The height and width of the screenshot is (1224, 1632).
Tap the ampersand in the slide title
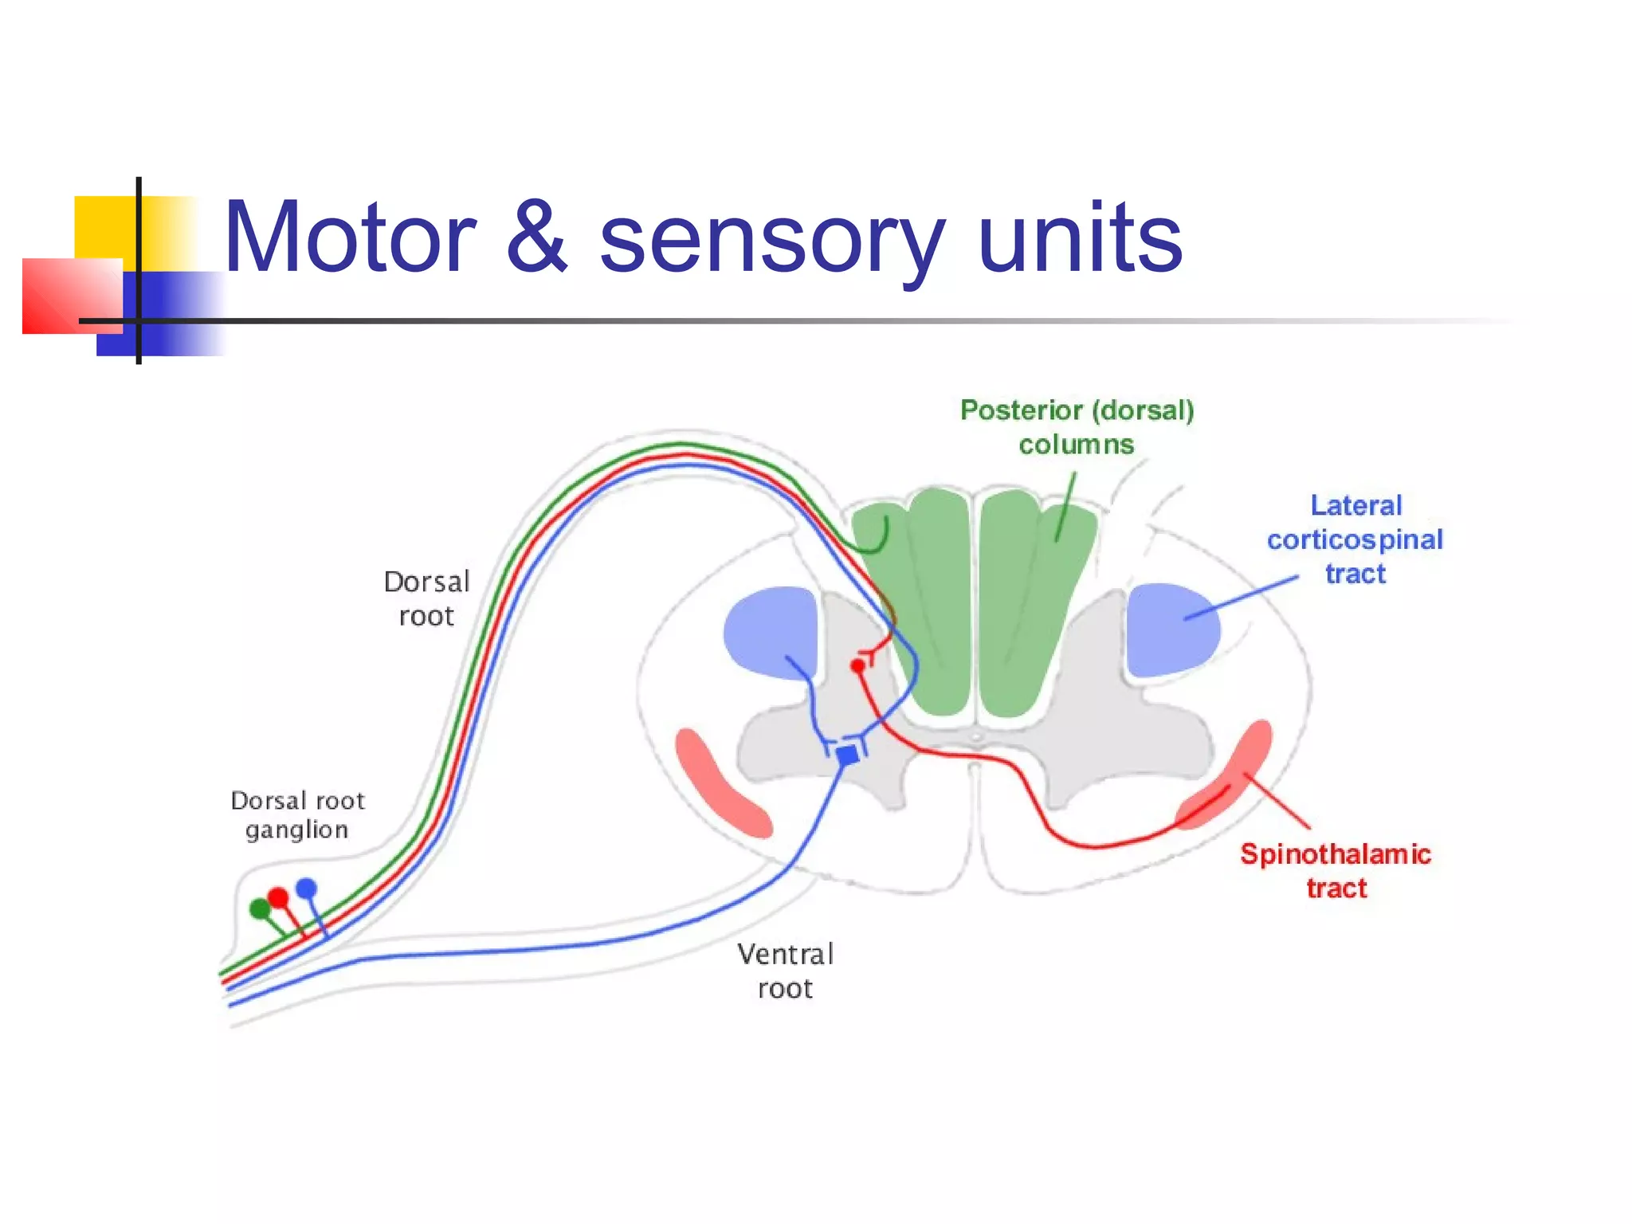point(537,237)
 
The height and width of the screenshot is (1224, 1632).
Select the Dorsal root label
point(427,599)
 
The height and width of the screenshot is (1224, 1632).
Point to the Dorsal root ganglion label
point(297,815)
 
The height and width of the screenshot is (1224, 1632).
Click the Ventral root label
point(785,971)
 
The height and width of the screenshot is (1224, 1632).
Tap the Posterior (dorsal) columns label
point(1077,427)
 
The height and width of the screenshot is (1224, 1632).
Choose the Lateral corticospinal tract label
point(1355,539)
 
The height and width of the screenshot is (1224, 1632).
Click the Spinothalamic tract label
point(1336,871)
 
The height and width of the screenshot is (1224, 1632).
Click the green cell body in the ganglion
point(260,908)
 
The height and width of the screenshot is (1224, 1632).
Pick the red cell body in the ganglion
point(278,898)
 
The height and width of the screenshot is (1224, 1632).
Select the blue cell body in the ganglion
point(306,888)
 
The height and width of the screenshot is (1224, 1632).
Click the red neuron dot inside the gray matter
point(857,665)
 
